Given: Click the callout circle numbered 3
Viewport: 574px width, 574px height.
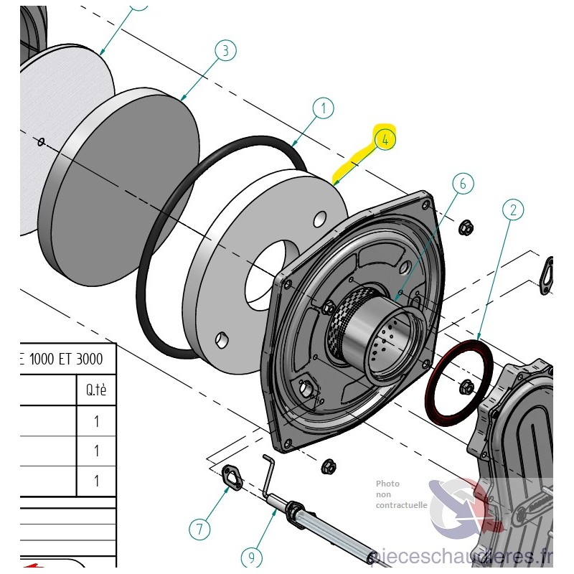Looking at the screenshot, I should pyautogui.click(x=225, y=51).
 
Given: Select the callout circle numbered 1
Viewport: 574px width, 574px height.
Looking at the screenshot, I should pyautogui.click(x=323, y=109).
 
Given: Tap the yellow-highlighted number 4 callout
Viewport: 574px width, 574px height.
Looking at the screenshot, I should pyautogui.click(x=385, y=139).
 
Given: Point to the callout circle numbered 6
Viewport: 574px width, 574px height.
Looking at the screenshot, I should pyautogui.click(x=463, y=184).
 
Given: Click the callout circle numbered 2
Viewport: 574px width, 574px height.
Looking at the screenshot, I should pyautogui.click(x=513, y=210).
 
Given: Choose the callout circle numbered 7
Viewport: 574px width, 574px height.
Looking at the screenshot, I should pyautogui.click(x=200, y=530).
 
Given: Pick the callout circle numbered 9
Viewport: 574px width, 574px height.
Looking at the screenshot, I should pyautogui.click(x=250, y=556).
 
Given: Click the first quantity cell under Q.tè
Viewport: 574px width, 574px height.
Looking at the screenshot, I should pyautogui.click(x=96, y=421).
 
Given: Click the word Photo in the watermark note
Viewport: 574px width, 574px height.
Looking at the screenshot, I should pyautogui.click(x=387, y=484).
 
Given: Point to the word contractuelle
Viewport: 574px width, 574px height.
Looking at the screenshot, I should pyautogui.click(x=401, y=504).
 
